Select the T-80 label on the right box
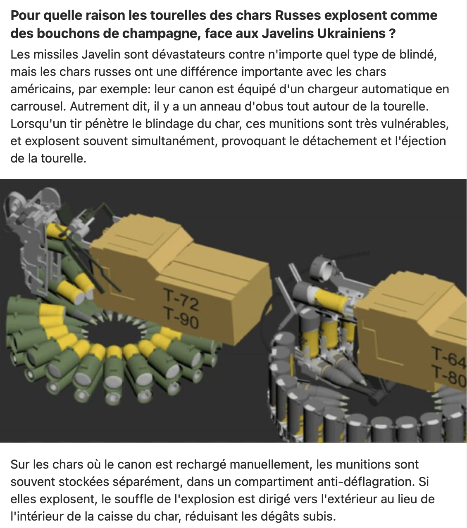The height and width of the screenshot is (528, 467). tap(449, 375)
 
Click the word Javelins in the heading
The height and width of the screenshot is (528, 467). tap(287, 33)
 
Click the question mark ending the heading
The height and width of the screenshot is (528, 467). tap(392, 33)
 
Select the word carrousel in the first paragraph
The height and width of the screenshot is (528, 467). tap(38, 106)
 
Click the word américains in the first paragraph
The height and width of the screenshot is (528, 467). tap(41, 89)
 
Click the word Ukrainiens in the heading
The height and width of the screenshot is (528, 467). tap(351, 33)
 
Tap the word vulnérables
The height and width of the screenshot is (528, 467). tap(415, 124)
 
